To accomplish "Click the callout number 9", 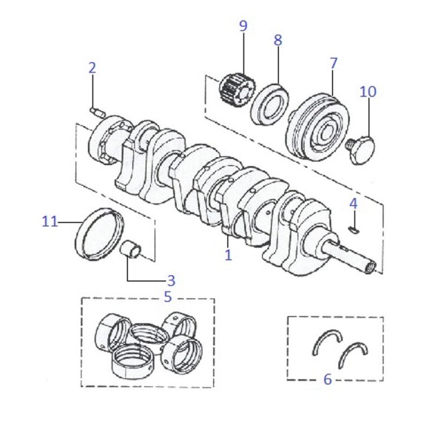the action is coord(243,26).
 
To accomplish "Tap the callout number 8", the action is coord(278,40).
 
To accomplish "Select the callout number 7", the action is coord(334,63).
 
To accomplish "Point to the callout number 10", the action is coord(368,92).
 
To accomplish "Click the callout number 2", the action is coord(92,68).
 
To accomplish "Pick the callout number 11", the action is coord(50,221).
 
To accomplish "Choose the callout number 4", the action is coord(354,203).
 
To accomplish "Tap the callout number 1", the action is coord(228,255).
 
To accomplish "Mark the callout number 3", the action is coord(172,280).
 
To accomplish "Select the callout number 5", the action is coord(168,297).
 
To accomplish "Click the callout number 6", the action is coord(327,379).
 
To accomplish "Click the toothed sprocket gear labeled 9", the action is coord(238,90).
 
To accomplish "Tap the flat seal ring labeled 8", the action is coord(270,104).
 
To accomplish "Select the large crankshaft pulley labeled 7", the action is coord(317,127).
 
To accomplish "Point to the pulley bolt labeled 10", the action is coord(361,149).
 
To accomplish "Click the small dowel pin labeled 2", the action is coord(97,112).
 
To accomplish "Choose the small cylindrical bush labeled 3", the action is coord(130,249).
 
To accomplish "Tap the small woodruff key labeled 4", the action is coord(354,229).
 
